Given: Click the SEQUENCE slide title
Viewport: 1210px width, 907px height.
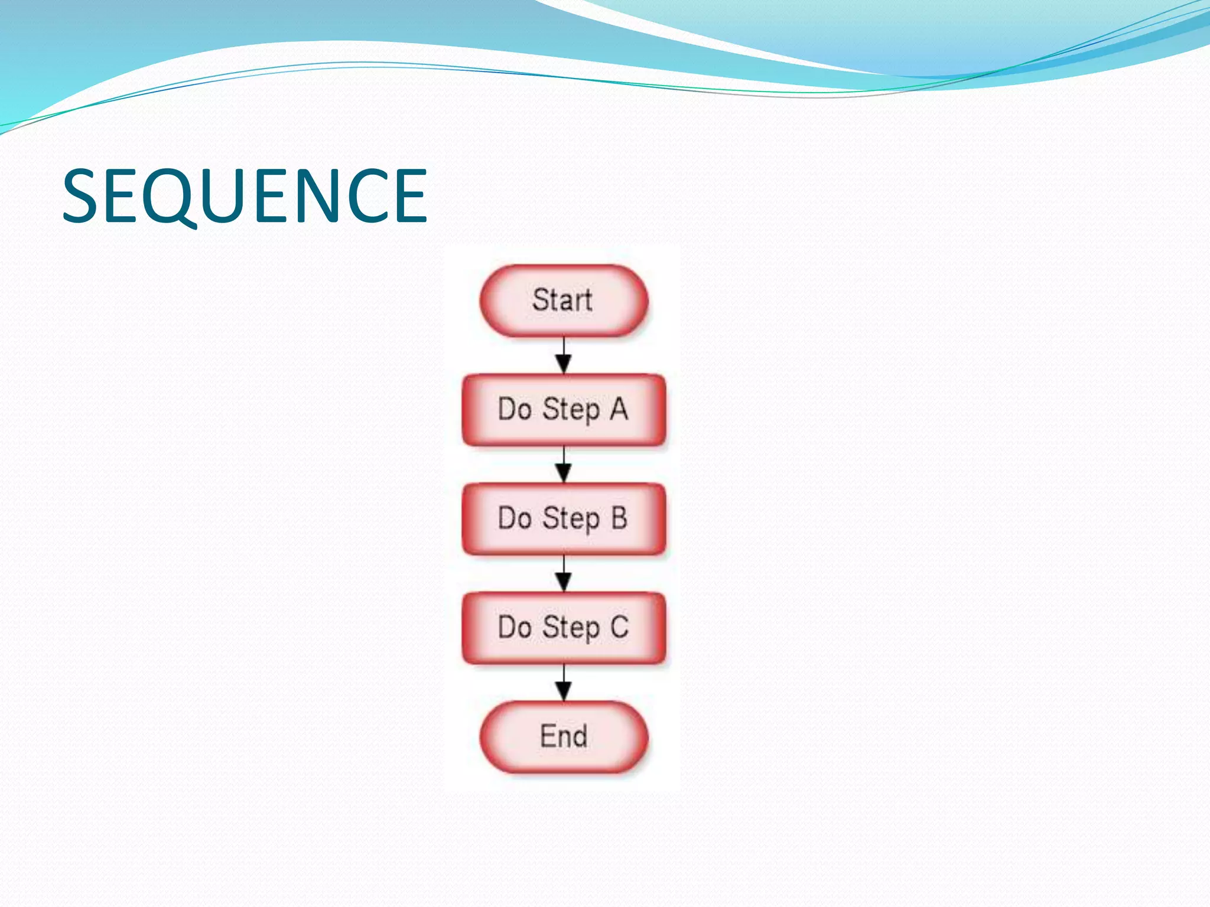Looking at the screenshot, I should tap(245, 196).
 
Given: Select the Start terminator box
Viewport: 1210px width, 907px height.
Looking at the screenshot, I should tap(564, 301).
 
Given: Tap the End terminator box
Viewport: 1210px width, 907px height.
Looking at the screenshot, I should tap(564, 737).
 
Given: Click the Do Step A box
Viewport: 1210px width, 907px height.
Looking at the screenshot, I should tap(564, 410).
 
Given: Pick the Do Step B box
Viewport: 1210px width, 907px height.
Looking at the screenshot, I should tap(564, 519).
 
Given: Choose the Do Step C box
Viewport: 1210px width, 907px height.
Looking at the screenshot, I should tap(564, 628).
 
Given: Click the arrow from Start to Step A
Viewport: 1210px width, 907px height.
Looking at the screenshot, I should tap(564, 355).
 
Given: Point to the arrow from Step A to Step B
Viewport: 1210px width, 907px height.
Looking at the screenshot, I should tap(564, 465).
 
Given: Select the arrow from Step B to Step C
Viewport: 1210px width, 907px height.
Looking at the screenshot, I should tap(564, 573).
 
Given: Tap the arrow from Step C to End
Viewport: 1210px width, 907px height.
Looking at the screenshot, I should tap(564, 683).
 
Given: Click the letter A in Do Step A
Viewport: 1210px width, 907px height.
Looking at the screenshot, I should tap(619, 409).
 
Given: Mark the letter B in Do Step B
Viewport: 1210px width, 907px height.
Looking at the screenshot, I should tap(619, 518).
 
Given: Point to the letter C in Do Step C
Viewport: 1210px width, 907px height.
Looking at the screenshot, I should tap(619, 627).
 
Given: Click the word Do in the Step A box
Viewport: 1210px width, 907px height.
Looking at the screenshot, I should tap(515, 409).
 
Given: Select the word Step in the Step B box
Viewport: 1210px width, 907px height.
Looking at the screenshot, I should tap(571, 520).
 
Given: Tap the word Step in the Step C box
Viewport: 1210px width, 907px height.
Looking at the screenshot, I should tap(571, 629).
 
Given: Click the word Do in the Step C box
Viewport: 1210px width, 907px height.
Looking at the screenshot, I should tap(515, 627).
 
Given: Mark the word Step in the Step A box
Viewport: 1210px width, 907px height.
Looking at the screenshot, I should tap(571, 410).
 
